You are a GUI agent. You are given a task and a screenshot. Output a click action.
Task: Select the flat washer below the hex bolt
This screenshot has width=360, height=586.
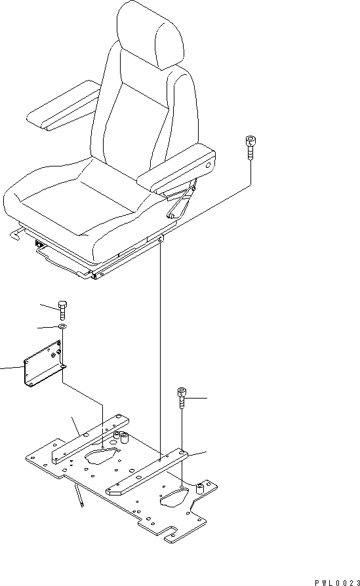click(x=62, y=327)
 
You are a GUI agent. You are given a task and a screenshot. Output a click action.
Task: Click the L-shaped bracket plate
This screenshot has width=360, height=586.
click(x=43, y=367)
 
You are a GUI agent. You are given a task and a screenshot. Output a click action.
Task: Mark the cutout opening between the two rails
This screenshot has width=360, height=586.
click(x=102, y=455)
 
